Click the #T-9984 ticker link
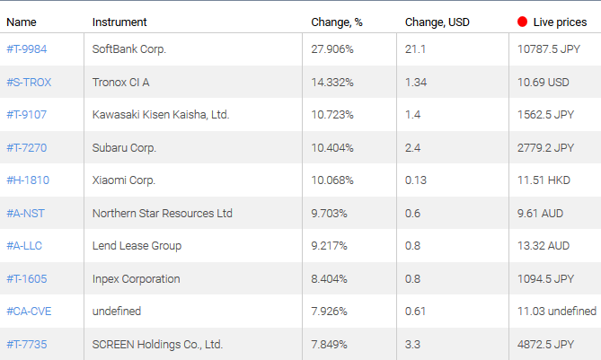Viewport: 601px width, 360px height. tap(26, 49)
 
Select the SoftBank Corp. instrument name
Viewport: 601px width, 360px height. tap(129, 49)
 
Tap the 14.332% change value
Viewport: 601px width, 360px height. tap(332, 82)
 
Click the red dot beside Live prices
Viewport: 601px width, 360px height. tap(523, 21)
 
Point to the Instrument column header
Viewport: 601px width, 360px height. tap(119, 22)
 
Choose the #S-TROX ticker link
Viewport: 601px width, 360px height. tap(29, 82)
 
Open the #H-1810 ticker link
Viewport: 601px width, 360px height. tap(28, 180)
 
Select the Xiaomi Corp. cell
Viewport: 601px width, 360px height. tap(124, 180)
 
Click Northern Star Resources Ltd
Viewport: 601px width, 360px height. tap(163, 213)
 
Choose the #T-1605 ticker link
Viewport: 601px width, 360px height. tap(27, 278)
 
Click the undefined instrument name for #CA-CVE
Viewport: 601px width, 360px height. tap(117, 312)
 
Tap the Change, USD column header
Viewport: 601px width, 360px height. tap(437, 22)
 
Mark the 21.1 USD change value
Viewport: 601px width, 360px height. tap(413, 49)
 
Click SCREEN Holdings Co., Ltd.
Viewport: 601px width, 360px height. tap(157, 344)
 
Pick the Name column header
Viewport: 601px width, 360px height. tap(22, 22)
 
